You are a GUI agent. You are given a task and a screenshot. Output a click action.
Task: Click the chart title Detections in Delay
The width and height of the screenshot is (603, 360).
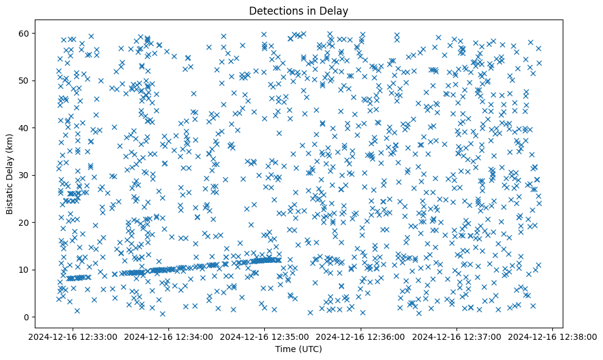[298, 10]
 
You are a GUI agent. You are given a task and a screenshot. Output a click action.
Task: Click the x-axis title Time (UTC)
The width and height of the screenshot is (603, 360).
[298, 349]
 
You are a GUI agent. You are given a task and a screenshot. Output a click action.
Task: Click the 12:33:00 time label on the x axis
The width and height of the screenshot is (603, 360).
[73, 336]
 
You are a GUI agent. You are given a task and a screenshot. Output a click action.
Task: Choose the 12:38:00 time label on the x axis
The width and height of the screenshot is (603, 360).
[553, 336]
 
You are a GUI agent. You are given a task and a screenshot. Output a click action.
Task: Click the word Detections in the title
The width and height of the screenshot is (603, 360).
[273, 10]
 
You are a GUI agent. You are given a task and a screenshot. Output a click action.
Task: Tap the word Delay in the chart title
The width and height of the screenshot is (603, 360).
[336, 10]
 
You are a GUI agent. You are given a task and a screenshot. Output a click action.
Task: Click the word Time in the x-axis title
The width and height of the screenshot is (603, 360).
[286, 349]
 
